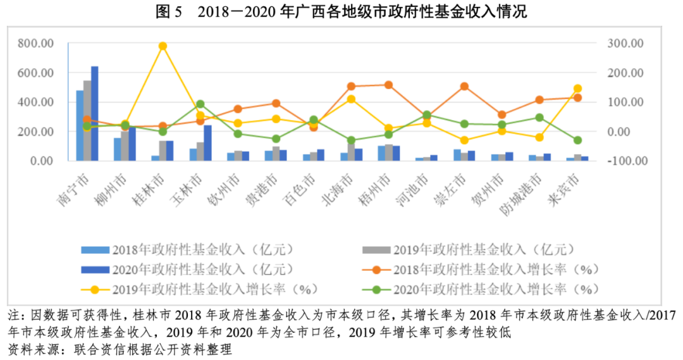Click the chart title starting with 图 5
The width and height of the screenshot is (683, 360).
341,12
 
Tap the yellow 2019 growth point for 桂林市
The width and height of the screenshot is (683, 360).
163,46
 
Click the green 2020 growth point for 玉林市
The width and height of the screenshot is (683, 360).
200,104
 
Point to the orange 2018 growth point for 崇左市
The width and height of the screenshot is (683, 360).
464,86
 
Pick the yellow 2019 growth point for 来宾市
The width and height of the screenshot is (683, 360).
577,89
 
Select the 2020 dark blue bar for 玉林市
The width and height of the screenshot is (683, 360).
207,142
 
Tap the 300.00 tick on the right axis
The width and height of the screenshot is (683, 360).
626,43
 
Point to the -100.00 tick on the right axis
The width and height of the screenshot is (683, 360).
624,161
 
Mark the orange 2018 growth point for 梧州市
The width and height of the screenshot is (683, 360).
388,85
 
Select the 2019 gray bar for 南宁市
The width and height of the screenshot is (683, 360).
87,120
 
